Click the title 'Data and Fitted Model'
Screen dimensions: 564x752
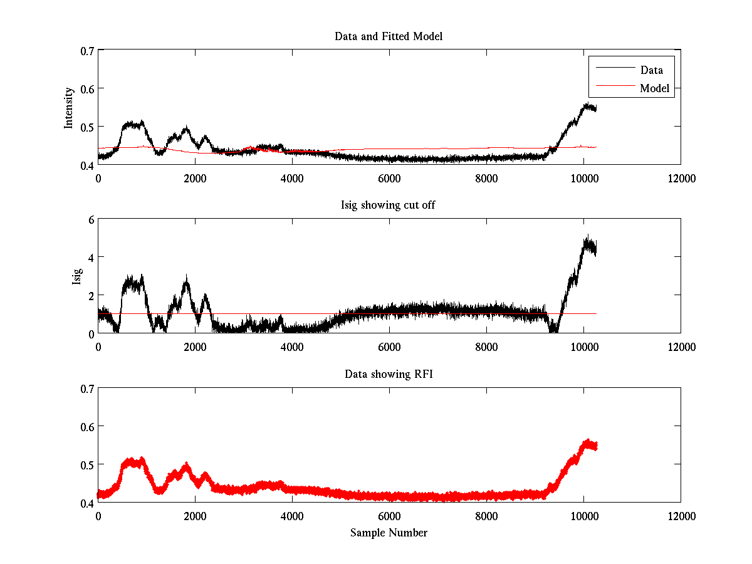[389, 36]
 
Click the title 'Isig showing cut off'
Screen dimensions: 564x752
[389, 206]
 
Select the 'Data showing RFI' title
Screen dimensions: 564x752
[389, 374]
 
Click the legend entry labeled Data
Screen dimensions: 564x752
[651, 70]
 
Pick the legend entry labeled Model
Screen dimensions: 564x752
[654, 88]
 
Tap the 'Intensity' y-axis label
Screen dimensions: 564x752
[70, 108]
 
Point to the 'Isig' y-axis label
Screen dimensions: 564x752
[76, 276]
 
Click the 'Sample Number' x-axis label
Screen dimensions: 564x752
[389, 533]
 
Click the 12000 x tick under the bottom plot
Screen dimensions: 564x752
[681, 516]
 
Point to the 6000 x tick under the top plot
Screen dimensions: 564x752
[389, 179]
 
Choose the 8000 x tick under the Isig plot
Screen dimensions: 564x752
[486, 347]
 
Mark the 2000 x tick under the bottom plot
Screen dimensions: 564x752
[195, 516]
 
